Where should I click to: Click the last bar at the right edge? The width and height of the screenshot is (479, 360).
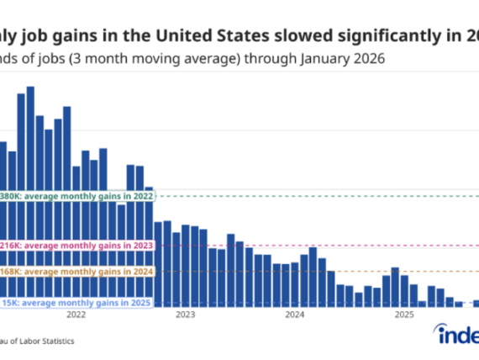[476, 304]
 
